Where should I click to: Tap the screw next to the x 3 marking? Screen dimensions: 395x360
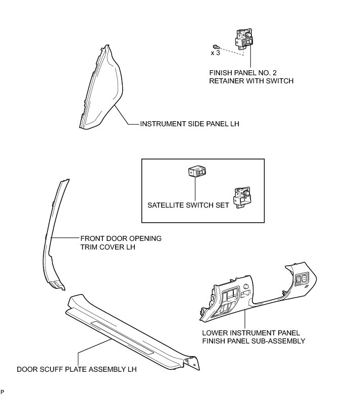tap(216, 46)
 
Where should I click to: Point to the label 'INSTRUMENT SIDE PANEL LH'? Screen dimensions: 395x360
tap(189, 124)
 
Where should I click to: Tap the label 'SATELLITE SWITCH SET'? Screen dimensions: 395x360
tap(187, 205)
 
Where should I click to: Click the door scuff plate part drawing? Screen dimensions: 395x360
tap(131, 328)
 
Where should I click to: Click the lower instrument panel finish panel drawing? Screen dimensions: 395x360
tap(252, 295)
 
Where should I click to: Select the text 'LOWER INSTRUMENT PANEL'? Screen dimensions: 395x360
tap(251, 333)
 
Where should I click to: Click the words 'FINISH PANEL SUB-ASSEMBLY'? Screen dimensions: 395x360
tap(253, 341)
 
